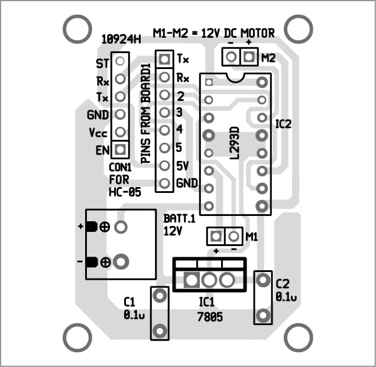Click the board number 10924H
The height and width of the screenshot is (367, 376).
(x=121, y=40)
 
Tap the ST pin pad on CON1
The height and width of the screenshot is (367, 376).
(x=120, y=60)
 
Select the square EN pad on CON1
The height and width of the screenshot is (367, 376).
(x=120, y=149)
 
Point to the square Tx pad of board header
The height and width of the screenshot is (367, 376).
(x=164, y=59)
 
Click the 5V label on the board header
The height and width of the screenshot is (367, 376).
(x=182, y=166)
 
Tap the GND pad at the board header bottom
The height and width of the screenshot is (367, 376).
(x=164, y=183)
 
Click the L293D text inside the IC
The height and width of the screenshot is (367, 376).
(x=234, y=142)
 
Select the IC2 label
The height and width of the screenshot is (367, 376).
(x=284, y=124)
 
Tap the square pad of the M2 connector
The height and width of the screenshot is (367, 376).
(x=249, y=57)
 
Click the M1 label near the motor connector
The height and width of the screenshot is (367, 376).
(x=252, y=237)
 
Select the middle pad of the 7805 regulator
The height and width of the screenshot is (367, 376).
(x=209, y=280)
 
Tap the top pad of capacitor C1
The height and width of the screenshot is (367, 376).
(x=158, y=297)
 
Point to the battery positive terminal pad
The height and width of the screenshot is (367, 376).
(x=121, y=227)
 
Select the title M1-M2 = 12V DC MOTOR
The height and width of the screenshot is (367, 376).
(x=213, y=33)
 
